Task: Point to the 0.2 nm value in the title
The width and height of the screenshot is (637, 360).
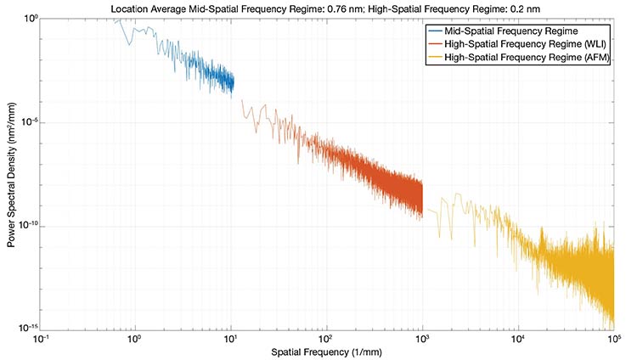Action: click(526, 8)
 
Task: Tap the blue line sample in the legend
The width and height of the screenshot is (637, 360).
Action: click(438, 31)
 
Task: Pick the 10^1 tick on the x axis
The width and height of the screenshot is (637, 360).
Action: click(229, 339)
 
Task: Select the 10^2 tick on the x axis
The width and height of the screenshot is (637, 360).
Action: click(325, 339)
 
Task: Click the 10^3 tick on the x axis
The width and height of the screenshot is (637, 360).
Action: click(421, 339)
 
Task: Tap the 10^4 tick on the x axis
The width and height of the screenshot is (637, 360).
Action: click(517, 339)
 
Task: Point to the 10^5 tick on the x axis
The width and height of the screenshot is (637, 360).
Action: click(612, 339)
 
